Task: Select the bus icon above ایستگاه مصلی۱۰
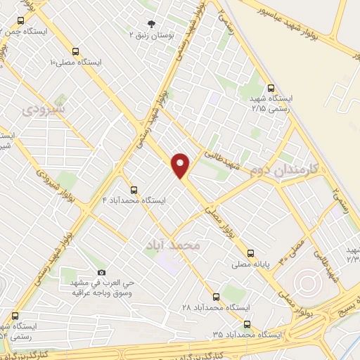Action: pyautogui.click(x=76, y=51)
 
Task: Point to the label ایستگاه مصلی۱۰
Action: pyautogui.click(x=76, y=62)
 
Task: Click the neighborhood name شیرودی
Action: pyautogui.click(x=44, y=110)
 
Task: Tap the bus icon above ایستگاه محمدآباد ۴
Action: pyautogui.click(x=134, y=189)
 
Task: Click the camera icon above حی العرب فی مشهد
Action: pyautogui.click(x=101, y=273)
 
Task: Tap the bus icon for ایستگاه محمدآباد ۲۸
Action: pyautogui.click(x=216, y=296)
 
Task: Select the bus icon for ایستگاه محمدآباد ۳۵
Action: pyautogui.click(x=246, y=324)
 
